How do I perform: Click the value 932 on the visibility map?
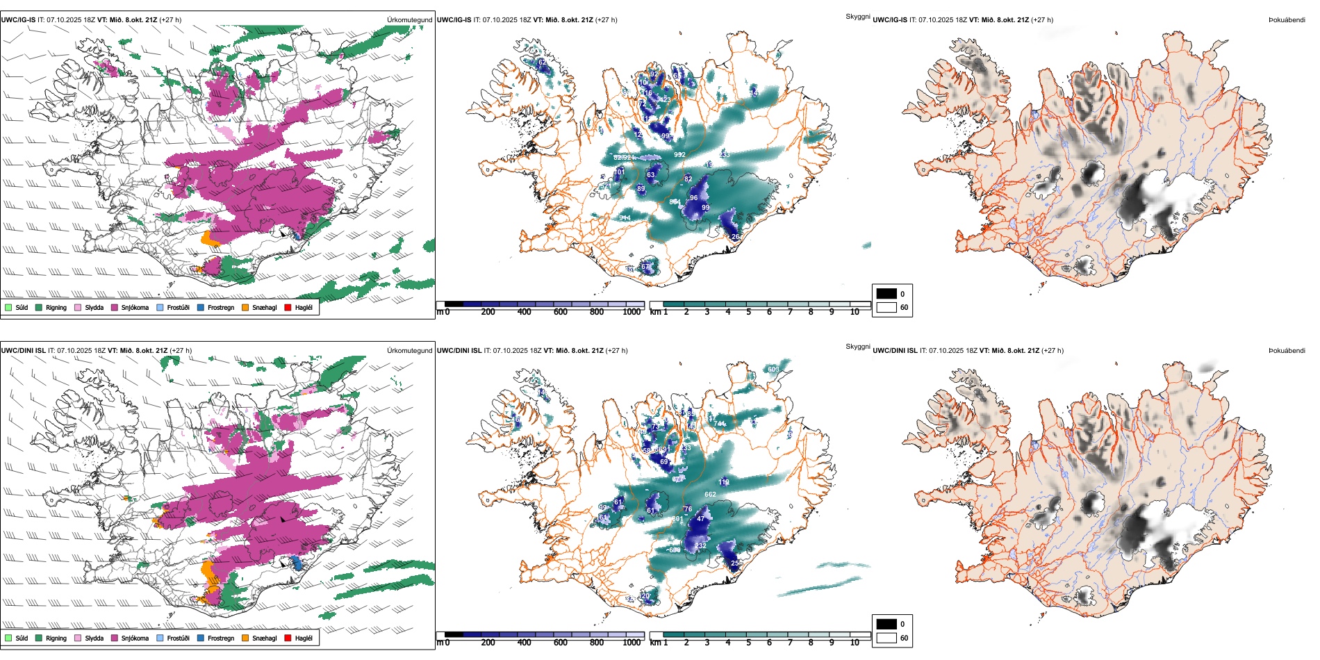point(679,155)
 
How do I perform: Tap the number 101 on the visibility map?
point(620,172)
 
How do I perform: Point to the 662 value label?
point(710,495)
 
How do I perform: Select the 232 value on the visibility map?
point(700,546)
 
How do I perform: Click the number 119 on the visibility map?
point(724,482)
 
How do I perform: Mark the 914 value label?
point(625,218)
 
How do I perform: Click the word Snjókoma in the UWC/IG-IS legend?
point(135,308)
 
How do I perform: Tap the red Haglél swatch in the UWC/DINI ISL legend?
point(288,638)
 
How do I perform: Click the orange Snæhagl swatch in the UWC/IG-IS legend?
point(245,307)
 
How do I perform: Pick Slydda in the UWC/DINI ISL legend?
point(94,638)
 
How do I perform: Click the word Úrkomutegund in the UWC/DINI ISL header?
point(409,351)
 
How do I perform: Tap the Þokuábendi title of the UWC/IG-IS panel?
point(1287,20)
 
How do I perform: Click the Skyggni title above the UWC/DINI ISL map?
point(857,347)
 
